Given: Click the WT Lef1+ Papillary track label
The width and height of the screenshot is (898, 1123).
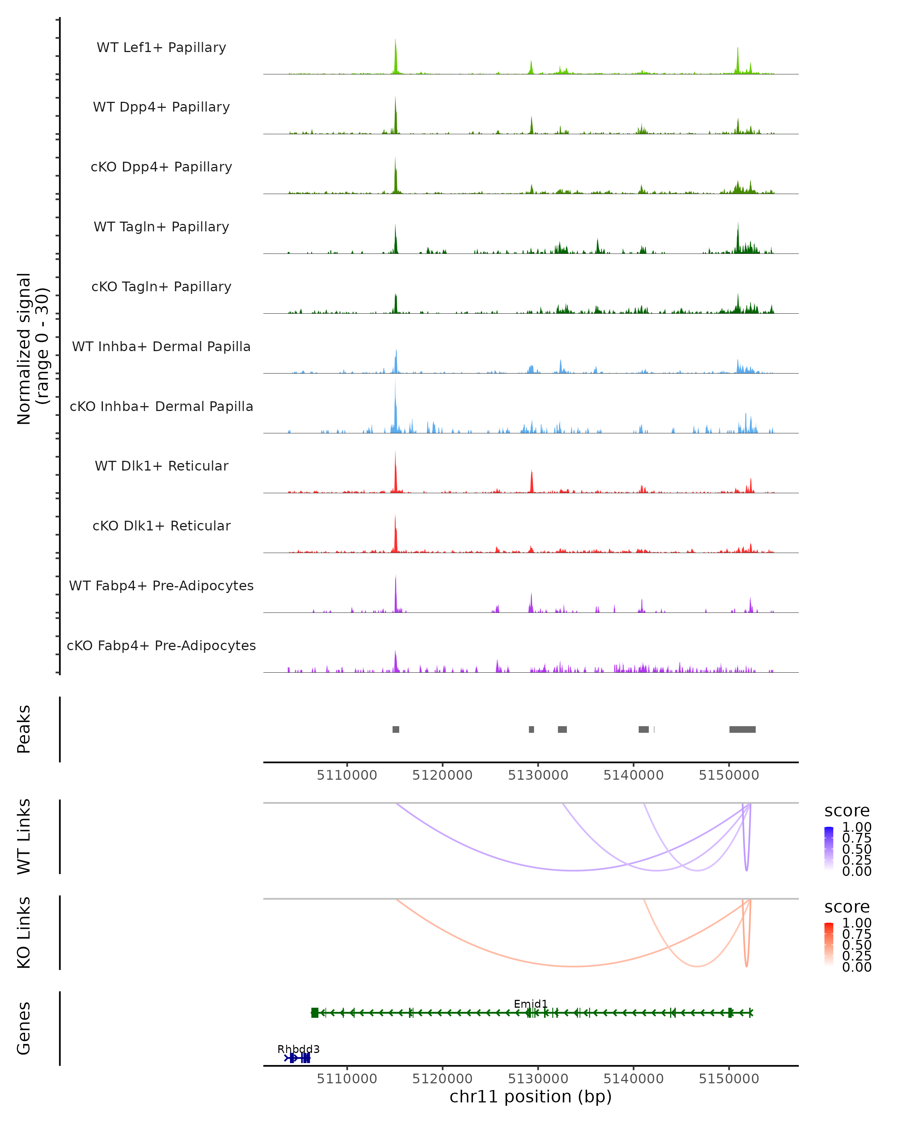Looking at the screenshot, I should coord(161,48).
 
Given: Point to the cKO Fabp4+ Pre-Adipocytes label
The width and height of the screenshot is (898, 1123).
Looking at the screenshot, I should coord(161,645).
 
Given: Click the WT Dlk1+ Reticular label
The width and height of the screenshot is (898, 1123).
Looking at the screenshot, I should coord(161,466).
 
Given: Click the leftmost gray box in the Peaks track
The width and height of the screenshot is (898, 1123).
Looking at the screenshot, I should coord(395,729).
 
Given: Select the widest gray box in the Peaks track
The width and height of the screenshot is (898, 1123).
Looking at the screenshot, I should coord(742,729).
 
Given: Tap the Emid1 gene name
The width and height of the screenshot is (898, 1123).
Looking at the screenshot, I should coord(531,1004).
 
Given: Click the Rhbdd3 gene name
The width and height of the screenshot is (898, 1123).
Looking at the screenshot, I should coord(298,1049).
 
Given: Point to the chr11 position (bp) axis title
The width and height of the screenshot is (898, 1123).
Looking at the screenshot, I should coord(531,1096).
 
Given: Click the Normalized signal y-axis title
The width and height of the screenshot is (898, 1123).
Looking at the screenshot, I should coord(32,349).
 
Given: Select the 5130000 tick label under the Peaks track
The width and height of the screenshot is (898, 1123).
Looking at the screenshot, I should coord(538,775).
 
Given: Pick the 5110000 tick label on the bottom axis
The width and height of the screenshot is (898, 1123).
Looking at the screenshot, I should coord(347,1078).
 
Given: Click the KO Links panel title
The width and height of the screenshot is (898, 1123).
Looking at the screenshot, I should coord(24,933).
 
